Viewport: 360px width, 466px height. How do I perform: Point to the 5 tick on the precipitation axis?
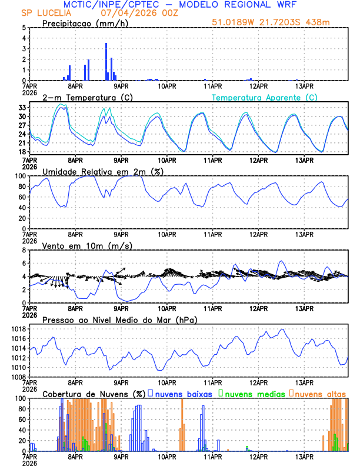tap(24, 28)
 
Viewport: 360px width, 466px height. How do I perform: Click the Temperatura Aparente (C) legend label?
tap(264, 97)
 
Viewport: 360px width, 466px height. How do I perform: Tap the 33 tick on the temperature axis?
tap(22, 108)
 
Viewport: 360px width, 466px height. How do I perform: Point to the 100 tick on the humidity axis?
tap(19, 176)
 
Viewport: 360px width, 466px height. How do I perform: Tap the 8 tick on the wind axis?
tap(24, 250)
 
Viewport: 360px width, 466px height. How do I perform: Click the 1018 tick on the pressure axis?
tap(17, 329)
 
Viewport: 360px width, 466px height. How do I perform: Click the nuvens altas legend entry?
tap(321, 394)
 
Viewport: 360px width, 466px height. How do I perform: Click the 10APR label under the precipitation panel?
tap(167, 85)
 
